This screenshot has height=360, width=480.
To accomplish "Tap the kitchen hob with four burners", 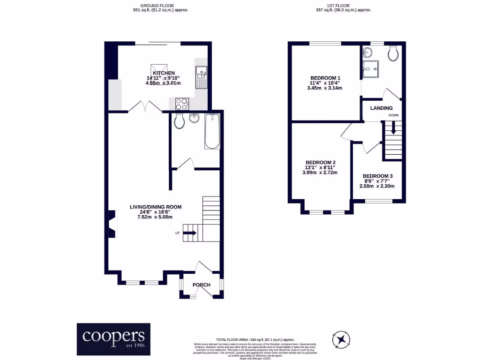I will (x=182, y=104).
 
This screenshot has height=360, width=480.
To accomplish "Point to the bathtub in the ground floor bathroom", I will (x=212, y=131).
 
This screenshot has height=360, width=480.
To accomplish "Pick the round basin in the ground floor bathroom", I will (x=195, y=118).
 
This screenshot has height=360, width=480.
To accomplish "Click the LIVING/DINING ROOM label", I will (x=156, y=207).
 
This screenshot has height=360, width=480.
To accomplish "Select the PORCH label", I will (x=202, y=285).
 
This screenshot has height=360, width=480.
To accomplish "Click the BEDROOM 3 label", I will (x=377, y=176).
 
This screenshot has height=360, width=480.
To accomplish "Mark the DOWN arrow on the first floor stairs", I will (x=393, y=127).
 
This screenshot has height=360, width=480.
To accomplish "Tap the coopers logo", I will (x=114, y=339).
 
